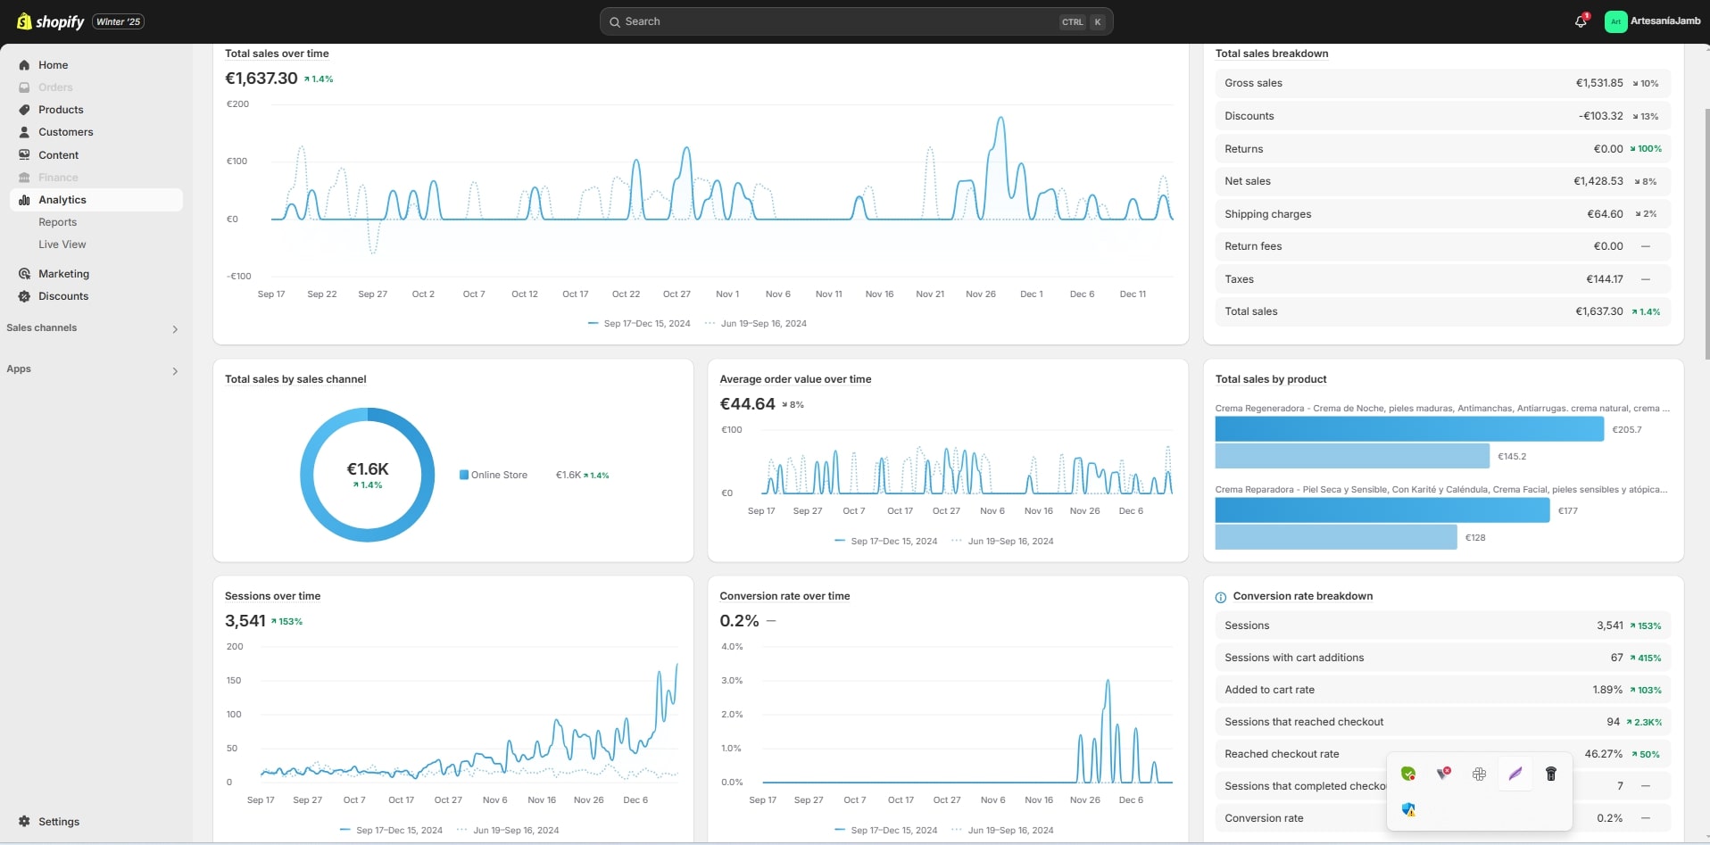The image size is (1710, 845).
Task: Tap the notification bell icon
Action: pos(1581,21)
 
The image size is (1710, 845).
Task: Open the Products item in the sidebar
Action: pos(61,110)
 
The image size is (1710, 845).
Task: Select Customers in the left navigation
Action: pos(65,132)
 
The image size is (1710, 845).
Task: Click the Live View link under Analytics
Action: pos(62,244)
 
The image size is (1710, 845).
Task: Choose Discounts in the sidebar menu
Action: pos(63,296)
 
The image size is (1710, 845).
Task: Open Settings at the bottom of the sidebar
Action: pos(59,822)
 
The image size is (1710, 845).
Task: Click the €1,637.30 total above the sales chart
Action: pos(261,79)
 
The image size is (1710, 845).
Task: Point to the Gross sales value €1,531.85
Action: pos(1599,83)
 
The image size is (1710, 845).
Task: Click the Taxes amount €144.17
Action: pos(1605,279)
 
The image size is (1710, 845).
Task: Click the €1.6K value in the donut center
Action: pos(368,469)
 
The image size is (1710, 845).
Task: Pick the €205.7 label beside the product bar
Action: pos(1627,430)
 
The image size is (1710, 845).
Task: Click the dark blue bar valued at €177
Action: pos(1382,510)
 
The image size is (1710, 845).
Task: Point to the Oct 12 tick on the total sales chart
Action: pos(525,294)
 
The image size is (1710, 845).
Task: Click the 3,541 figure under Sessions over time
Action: pos(245,621)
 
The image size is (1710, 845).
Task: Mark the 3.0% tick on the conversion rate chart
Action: pos(732,681)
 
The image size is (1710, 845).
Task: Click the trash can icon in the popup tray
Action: pos(1551,774)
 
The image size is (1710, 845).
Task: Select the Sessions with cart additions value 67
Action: pos(1616,658)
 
